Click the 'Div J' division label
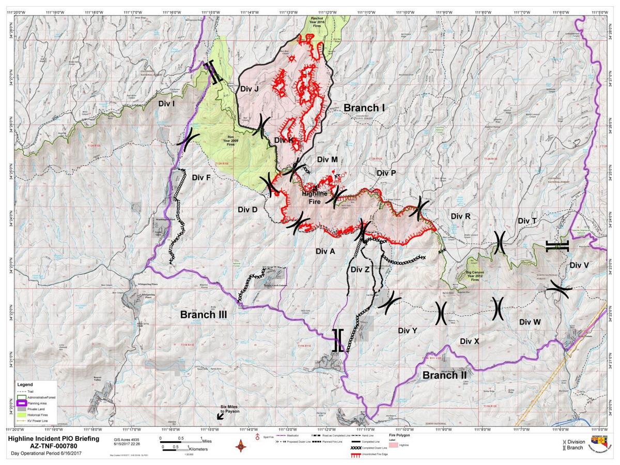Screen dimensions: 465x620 (x=250, y=88)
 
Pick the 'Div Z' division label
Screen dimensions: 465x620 (x=360, y=269)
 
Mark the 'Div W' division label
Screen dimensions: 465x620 (x=530, y=322)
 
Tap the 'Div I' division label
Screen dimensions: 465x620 (x=166, y=103)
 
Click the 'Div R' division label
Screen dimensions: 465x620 (x=460, y=216)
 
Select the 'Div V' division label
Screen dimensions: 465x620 (x=579, y=265)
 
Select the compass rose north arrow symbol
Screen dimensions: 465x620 (x=241, y=445)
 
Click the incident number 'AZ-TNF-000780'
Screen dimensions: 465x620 (x=45, y=446)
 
